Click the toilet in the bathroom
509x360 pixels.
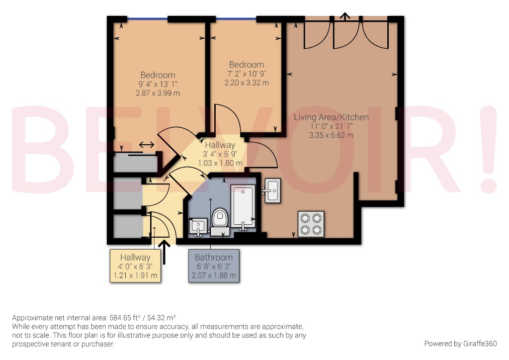point(219,218)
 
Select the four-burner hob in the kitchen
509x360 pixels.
point(311,223)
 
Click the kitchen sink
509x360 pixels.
point(272,189)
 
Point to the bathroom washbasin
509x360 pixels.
point(198,226)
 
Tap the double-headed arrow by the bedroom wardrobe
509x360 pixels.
point(146,145)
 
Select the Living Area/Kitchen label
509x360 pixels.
point(331,117)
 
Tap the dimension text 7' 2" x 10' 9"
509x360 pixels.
point(247,74)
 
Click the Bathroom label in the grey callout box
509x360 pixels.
point(214,258)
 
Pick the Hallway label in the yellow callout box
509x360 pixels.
point(135,258)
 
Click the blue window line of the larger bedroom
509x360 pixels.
point(147,19)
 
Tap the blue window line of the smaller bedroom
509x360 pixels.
point(236,19)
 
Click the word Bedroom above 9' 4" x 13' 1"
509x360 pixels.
point(158,75)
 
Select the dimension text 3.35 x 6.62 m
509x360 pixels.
point(331,135)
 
